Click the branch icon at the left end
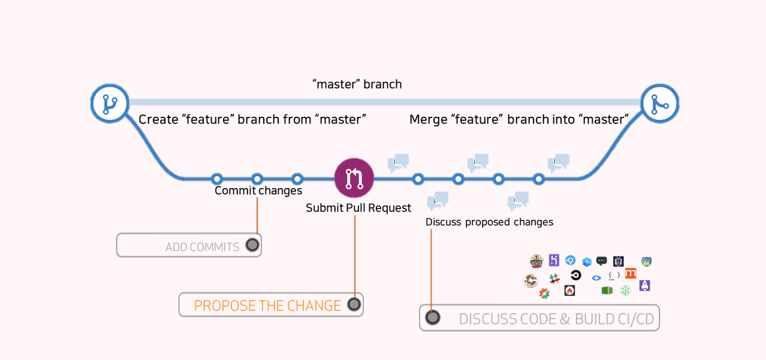(x=110, y=103)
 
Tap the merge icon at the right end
(x=660, y=104)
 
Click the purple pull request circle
(x=354, y=178)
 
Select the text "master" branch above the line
(x=357, y=84)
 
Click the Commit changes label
(x=258, y=190)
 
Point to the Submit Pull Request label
(x=358, y=208)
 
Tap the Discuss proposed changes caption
(x=489, y=222)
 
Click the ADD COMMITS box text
(x=202, y=247)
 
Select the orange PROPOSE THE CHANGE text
(x=267, y=305)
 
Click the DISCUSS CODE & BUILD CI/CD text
(x=556, y=319)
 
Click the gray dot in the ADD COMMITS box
(x=252, y=245)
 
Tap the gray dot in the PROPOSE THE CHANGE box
(x=354, y=304)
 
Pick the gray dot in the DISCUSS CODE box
(x=433, y=317)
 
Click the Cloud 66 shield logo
(x=646, y=262)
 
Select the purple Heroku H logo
(x=554, y=260)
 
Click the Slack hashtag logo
(x=554, y=279)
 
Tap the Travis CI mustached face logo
(x=536, y=261)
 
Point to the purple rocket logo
(x=644, y=286)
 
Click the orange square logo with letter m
(x=631, y=273)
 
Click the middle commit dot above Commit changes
(x=257, y=179)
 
